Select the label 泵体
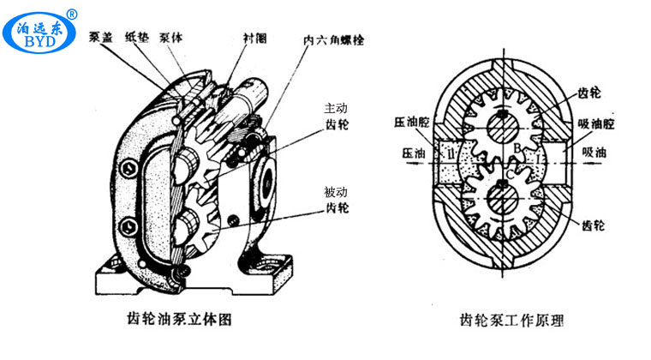171,37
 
